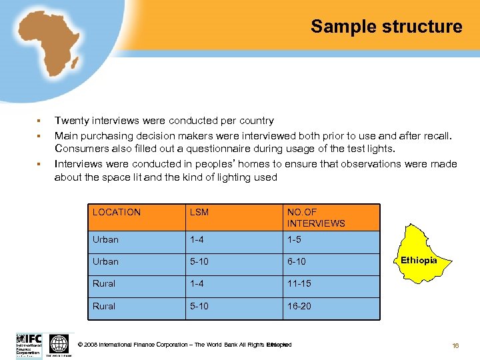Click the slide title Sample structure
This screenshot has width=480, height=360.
tap(386, 27)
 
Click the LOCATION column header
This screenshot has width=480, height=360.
tap(117, 212)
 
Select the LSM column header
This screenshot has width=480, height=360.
tap(199, 212)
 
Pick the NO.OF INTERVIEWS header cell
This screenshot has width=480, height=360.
tap(316, 217)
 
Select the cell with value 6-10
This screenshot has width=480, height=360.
tap(297, 261)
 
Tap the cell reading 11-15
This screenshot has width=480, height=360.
tap(299, 283)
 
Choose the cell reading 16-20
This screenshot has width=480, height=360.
tap(299, 306)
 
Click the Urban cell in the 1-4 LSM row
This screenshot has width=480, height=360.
tap(105, 239)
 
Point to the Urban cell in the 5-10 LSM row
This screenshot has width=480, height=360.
tap(105, 261)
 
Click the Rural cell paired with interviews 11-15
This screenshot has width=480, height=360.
tap(104, 283)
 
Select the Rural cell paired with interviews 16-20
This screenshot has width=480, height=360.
tap(104, 306)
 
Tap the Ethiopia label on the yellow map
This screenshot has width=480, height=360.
tap(419, 260)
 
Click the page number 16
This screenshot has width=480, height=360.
tap(455, 345)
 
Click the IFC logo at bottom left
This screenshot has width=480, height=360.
tap(29, 345)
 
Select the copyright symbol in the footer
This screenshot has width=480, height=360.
tap(81, 345)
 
